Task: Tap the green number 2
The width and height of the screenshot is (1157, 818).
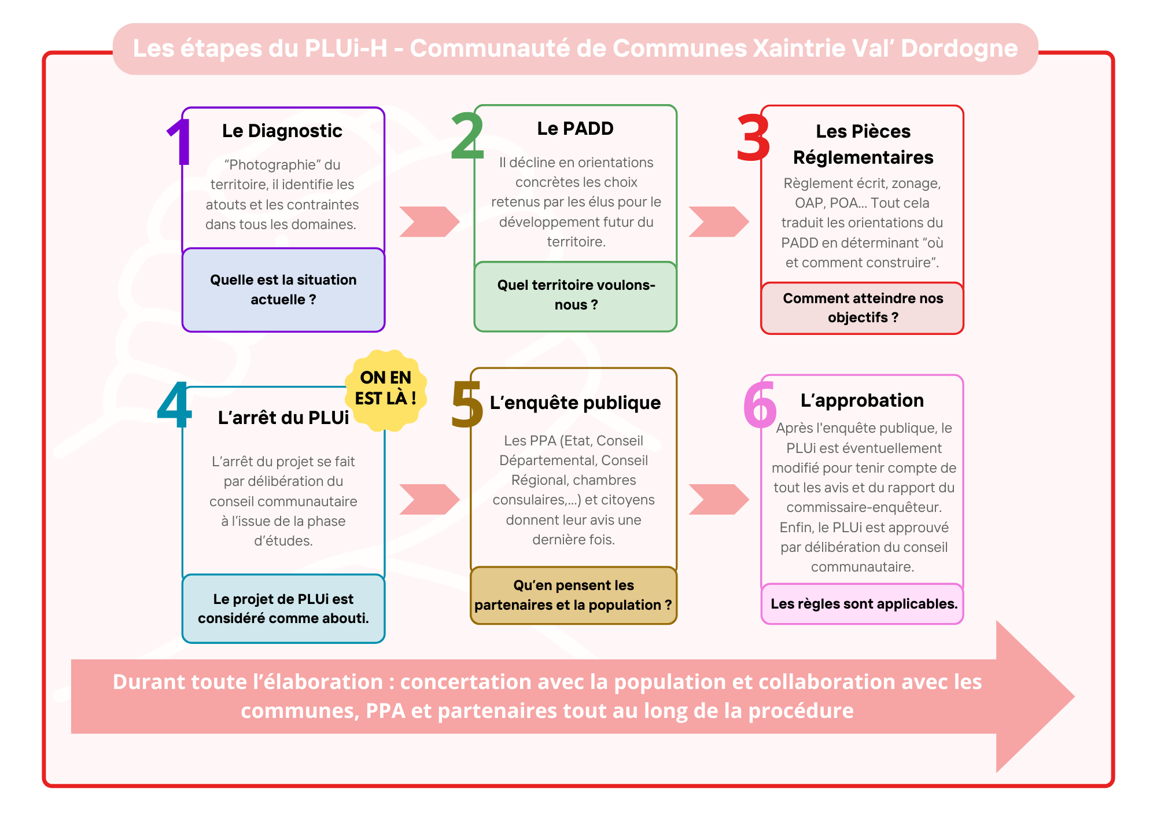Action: click(x=467, y=136)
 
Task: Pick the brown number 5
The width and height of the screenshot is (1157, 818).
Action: click(x=467, y=405)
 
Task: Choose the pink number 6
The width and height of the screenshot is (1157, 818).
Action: click(x=760, y=405)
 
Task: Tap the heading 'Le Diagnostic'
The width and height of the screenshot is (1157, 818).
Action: click(x=282, y=131)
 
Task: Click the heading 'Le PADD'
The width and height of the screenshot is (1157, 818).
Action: click(x=575, y=128)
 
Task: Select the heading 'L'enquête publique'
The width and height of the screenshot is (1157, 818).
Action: click(x=575, y=403)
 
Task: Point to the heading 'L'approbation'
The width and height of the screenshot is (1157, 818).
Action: click(x=862, y=400)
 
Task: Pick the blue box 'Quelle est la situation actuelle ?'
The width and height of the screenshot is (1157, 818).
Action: click(x=283, y=290)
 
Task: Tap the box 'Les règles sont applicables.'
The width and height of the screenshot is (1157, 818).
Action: click(x=863, y=604)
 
